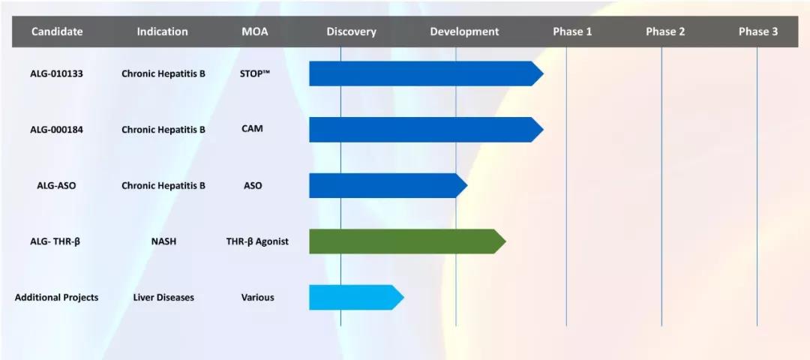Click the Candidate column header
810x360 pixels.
[x=57, y=31]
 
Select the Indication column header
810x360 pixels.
[x=162, y=31]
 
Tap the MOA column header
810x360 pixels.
[x=255, y=31]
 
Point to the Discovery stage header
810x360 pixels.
[x=351, y=31]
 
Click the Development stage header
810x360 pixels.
[x=464, y=31]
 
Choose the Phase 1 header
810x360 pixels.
[x=572, y=31]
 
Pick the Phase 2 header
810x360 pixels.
[x=665, y=31]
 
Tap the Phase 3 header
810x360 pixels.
[x=757, y=31]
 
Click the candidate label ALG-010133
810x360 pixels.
[x=56, y=73]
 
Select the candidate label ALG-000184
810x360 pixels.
[x=56, y=130]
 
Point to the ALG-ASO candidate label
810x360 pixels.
[x=56, y=185]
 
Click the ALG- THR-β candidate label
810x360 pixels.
[x=55, y=241]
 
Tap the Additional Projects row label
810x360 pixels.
[x=56, y=298]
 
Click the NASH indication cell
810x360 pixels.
[x=163, y=241]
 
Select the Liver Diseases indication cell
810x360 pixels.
[x=163, y=298]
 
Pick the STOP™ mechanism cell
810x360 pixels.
[x=255, y=73]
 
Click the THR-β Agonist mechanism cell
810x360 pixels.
[x=257, y=241]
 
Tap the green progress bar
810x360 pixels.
[x=407, y=241]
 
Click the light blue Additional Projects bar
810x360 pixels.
[x=356, y=298]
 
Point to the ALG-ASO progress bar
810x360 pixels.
[x=388, y=185]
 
